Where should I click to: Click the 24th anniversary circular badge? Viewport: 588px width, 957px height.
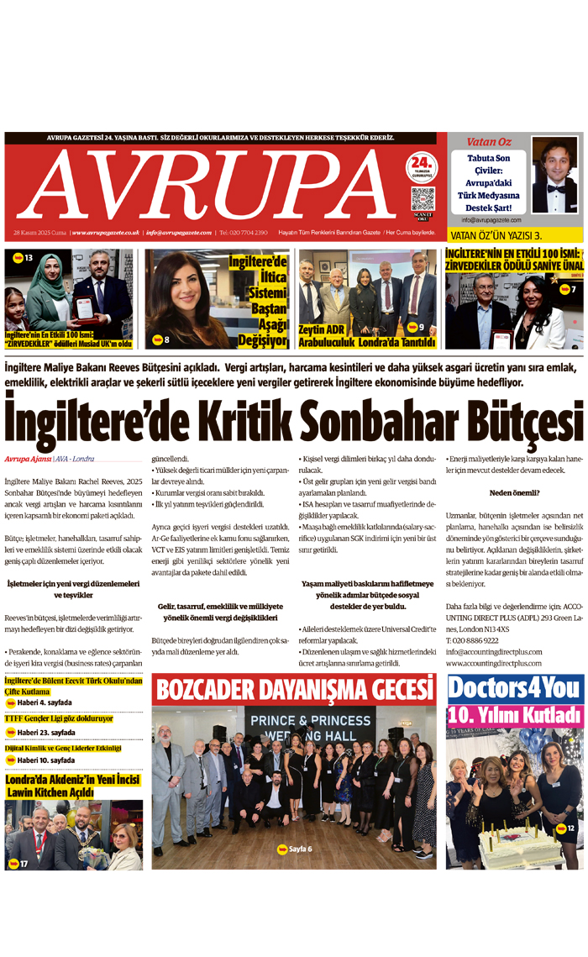(x=423, y=166)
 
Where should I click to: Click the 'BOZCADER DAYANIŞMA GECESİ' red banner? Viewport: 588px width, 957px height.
(x=293, y=690)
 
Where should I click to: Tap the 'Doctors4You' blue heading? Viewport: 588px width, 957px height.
(x=515, y=689)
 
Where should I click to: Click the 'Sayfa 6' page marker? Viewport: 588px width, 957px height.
(x=295, y=849)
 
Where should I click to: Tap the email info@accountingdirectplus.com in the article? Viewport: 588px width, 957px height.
(x=494, y=651)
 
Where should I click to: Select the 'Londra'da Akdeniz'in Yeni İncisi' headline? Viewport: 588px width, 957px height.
(x=73, y=786)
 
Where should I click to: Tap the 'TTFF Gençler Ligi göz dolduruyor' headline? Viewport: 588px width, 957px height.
(x=59, y=718)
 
